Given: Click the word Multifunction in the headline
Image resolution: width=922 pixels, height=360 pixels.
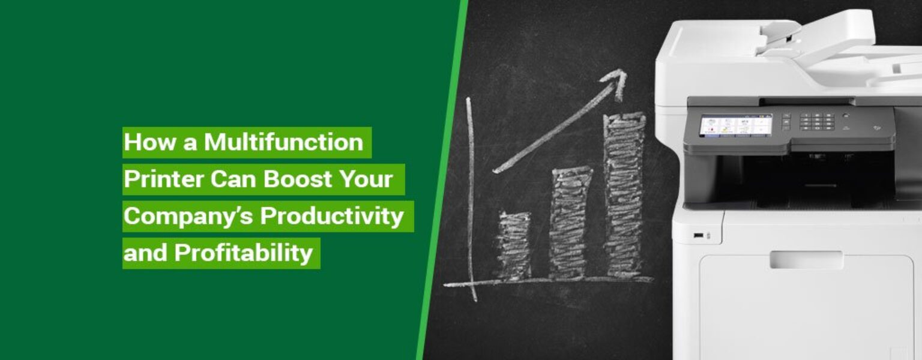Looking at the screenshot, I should click(x=283, y=143).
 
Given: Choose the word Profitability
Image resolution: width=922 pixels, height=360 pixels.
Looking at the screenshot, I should click(x=244, y=253).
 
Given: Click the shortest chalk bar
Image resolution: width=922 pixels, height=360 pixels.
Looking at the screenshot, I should click(x=514, y=245).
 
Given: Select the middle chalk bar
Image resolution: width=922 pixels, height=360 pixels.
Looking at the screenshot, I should click(x=570, y=222).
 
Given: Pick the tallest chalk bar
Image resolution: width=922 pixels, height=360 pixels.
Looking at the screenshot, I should click(x=624, y=195).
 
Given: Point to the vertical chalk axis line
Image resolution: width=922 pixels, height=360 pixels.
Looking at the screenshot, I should click(x=471, y=198).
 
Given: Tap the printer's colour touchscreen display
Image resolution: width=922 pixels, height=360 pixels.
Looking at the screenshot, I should click(x=735, y=126).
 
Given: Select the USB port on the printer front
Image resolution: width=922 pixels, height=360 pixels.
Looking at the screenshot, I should click(x=699, y=235).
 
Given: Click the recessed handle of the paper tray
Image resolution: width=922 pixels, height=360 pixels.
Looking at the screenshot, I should click(x=806, y=260).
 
